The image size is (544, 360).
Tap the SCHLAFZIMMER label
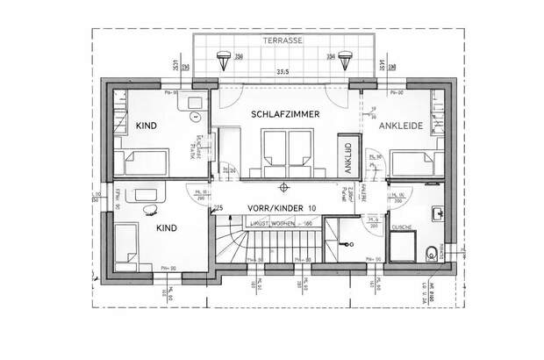pyautogui.click(x=284, y=115)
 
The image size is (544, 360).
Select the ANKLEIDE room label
pyautogui.click(x=401, y=126)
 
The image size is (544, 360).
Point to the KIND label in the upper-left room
pyautogui.click(x=146, y=126)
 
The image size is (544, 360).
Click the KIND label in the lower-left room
pyautogui.click(x=166, y=227)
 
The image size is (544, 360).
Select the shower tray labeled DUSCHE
pyautogui.click(x=404, y=248)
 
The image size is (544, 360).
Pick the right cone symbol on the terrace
pyautogui.click(x=347, y=60)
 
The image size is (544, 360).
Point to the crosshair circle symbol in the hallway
pyautogui.click(x=283, y=187)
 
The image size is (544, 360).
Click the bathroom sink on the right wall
pyautogui.click(x=436, y=214)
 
